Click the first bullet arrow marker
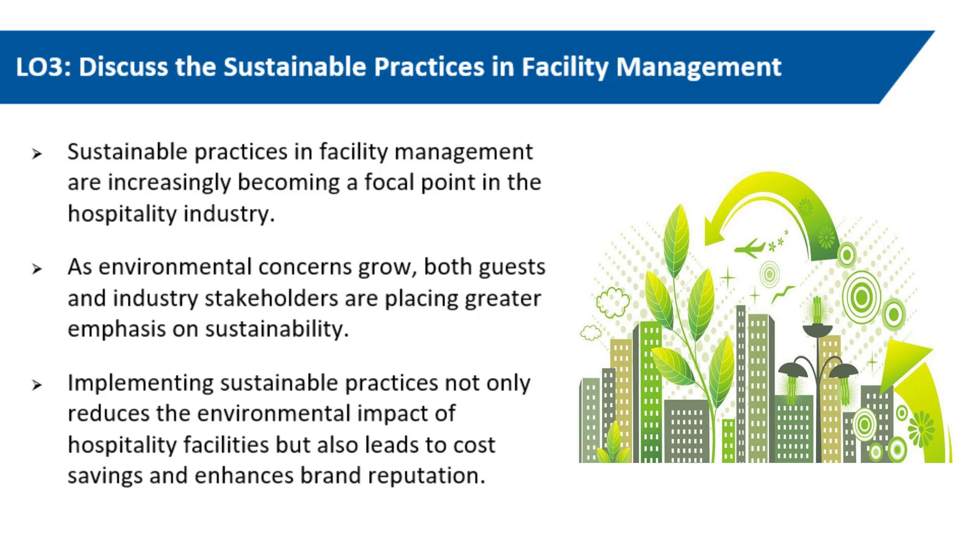[x=37, y=153]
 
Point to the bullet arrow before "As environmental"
[x=37, y=268]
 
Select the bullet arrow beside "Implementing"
[x=37, y=384]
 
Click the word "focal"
[x=388, y=182]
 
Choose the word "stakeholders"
[x=271, y=298]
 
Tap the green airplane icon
[x=750, y=248]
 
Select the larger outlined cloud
[x=613, y=301]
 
